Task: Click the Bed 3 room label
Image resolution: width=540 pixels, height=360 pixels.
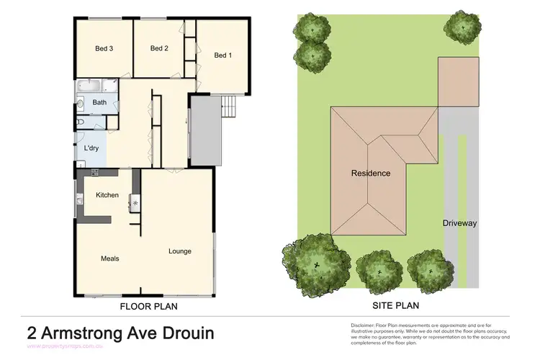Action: coord(104,49)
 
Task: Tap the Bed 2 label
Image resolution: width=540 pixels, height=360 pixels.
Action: coord(159,48)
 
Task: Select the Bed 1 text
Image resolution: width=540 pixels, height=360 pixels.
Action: coord(222,55)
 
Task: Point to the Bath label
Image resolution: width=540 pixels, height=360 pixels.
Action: coord(99,103)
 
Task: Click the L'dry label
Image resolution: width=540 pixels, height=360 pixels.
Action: coord(91,148)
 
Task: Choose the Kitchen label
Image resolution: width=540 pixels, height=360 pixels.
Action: coord(107,195)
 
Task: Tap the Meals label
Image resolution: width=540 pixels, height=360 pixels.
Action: coord(110,258)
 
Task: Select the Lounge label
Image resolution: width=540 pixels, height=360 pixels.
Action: coord(179,251)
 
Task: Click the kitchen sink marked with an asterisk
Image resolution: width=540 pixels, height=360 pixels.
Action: coord(135,203)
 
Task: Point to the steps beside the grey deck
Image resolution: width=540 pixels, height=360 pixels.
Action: coord(228,108)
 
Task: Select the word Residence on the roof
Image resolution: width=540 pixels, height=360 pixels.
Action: coord(371,174)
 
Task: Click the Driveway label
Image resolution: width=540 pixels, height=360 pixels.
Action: coord(459,223)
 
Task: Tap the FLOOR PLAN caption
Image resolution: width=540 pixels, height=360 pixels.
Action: coord(148,306)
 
